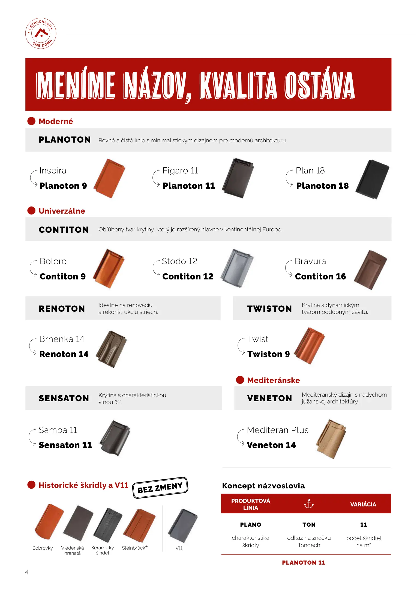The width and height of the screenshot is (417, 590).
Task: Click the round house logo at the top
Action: point(41,33)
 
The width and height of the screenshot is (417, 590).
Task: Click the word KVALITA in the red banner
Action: point(238,85)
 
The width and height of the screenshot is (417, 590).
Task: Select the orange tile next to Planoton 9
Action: point(109,178)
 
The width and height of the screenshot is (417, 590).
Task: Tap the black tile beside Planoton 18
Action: point(373,179)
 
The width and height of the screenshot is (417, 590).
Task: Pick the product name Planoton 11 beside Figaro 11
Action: point(189,186)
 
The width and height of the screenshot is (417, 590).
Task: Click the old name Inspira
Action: point(53,171)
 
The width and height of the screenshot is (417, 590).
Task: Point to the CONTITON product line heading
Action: point(64,230)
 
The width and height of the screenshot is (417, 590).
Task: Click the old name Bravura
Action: point(310,261)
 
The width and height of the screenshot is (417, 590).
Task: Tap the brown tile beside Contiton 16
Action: point(371,270)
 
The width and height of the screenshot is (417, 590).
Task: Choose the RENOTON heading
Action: point(62,309)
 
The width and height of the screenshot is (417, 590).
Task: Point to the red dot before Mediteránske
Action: point(240,380)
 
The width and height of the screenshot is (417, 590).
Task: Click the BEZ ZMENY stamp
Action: point(160,488)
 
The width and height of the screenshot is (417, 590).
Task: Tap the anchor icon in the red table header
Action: point(309,504)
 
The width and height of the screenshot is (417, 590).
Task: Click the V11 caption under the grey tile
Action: point(179,548)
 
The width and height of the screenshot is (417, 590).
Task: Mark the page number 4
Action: point(27,572)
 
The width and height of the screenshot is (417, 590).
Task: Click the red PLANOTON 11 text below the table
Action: point(304,563)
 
